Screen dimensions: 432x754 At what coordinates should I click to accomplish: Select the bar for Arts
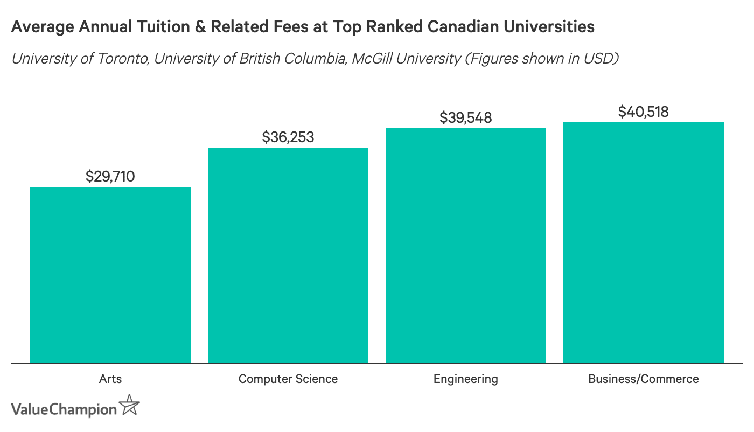[x=110, y=275]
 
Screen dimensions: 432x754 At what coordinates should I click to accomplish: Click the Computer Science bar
[x=288, y=255]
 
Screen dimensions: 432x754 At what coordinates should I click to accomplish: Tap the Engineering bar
[x=465, y=246]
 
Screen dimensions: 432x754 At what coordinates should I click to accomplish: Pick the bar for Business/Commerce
[x=643, y=242]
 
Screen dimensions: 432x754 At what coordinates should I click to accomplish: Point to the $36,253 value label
[x=288, y=137]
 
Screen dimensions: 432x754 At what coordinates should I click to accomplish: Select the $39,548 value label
[x=465, y=117]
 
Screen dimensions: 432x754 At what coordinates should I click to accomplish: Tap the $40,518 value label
[x=643, y=112]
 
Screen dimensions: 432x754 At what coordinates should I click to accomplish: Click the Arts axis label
[x=110, y=379]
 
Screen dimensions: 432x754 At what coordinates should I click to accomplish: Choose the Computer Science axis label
[x=288, y=379]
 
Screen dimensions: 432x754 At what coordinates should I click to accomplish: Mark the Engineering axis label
[x=465, y=379]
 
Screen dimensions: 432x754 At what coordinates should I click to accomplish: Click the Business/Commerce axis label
[x=643, y=379]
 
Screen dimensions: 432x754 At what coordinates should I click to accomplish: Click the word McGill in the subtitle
[x=371, y=58]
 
